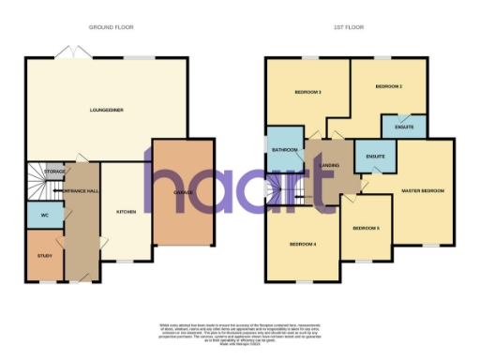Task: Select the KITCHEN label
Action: coord(126,212)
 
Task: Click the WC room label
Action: coord(40,215)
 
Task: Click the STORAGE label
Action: coord(55,172)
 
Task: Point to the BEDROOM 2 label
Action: coord(388,86)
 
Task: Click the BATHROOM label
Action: coord(284,150)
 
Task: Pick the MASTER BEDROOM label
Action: coord(423,191)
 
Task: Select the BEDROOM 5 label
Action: coord(366,228)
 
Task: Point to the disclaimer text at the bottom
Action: coord(240,331)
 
